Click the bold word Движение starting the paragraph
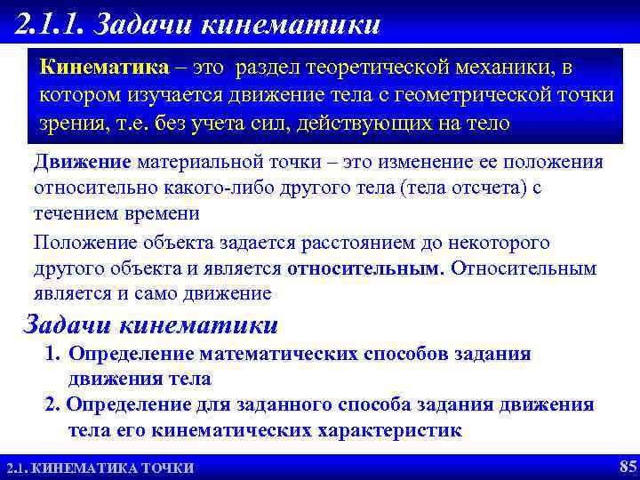click(x=83, y=163)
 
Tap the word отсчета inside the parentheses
click(x=485, y=188)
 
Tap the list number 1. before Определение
click(x=52, y=355)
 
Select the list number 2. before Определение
click(x=52, y=405)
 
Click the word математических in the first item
click(x=279, y=355)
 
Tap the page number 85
click(x=626, y=466)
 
